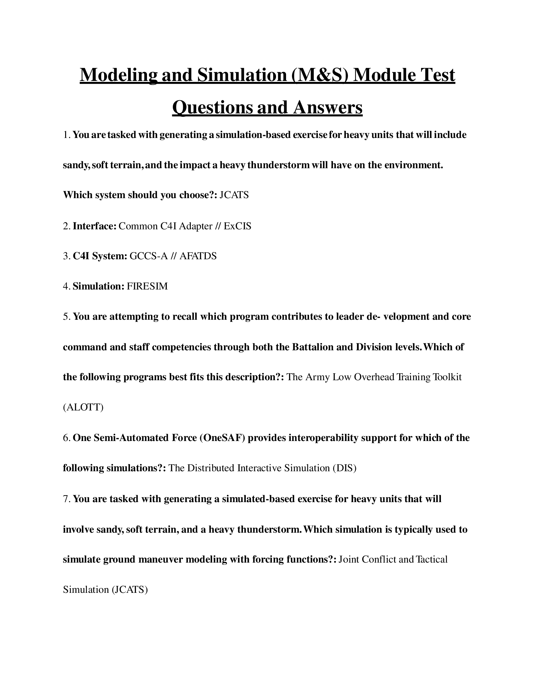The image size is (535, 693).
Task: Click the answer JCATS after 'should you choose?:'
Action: coord(234,195)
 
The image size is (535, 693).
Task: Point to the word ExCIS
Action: coord(237,226)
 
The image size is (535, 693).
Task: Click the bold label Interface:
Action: coord(95,226)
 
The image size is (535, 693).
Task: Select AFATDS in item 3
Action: coord(198,256)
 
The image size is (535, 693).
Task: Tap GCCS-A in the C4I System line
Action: coord(148,256)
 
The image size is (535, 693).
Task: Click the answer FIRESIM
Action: coord(147,286)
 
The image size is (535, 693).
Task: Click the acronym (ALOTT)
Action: coord(83,407)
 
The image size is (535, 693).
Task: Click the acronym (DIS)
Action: coord(345,468)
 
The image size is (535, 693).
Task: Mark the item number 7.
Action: coord(65,499)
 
